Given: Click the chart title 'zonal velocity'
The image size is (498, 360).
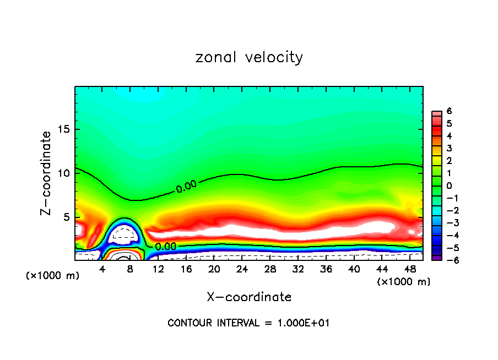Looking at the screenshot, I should coord(249,57).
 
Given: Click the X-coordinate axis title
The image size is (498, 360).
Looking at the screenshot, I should coord(249,297).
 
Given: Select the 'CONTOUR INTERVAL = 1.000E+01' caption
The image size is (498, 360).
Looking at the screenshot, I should coord(248,323).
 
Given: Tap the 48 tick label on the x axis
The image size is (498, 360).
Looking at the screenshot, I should coord(410,269).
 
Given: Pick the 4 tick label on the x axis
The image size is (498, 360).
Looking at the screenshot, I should coord(102,269).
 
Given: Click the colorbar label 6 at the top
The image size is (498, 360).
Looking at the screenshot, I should coord(449,111).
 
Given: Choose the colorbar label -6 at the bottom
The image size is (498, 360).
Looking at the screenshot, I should coord(448,260).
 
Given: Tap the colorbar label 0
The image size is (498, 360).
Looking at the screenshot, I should coord(449,186).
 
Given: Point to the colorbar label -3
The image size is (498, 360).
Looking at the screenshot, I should coord(448,223).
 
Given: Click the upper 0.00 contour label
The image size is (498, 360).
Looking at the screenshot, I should coord(186,187).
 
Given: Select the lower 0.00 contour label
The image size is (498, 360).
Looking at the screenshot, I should coord(165,247).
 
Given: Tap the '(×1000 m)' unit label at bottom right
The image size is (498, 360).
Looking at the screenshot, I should coord(404,282).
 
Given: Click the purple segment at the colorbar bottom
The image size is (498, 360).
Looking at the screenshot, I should coord(436,257).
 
